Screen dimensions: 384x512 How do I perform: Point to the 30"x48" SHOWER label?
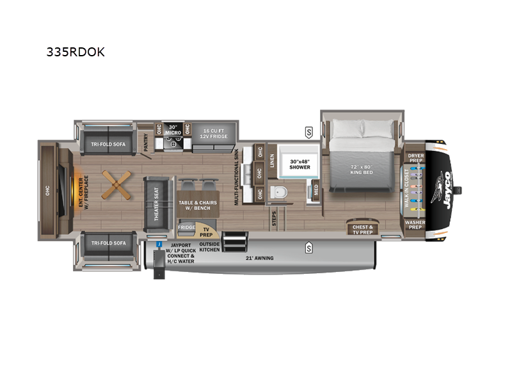[x=299, y=163]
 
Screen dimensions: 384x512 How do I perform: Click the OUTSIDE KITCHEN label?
[x=209, y=247]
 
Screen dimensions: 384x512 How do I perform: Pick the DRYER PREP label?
[x=415, y=157]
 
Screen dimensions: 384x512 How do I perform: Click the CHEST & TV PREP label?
[x=362, y=229]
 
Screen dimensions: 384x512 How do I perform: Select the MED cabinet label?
[x=316, y=189]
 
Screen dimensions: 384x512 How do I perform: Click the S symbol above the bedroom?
[x=308, y=132]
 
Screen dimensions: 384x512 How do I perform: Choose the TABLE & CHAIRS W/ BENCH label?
[x=197, y=205]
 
